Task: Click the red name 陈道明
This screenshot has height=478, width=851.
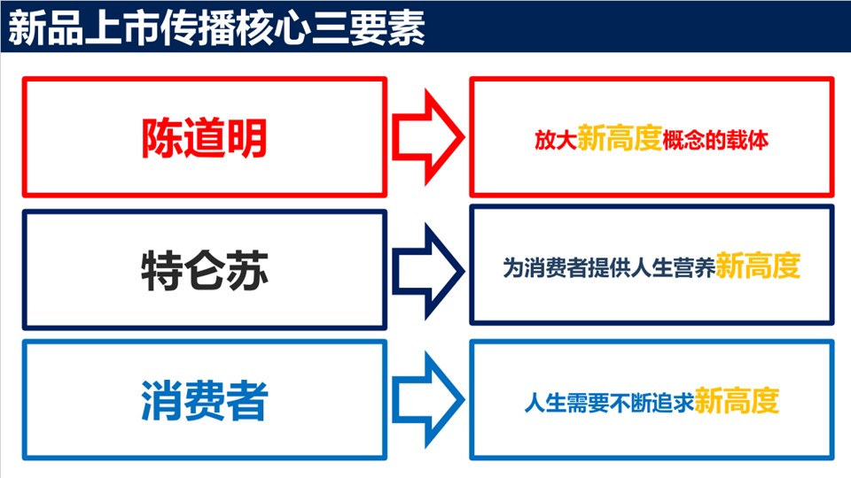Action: click(204, 138)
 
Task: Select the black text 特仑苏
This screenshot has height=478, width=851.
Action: click(204, 270)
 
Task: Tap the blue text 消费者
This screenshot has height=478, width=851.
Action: click(204, 401)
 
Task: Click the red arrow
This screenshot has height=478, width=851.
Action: click(427, 137)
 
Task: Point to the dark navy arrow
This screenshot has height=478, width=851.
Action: click(427, 269)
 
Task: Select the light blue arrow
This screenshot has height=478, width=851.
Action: click(427, 400)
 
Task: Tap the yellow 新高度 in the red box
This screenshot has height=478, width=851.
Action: click(619, 137)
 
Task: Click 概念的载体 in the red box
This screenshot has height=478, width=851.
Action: click(714, 141)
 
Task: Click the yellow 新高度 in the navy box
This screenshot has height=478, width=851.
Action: click(758, 266)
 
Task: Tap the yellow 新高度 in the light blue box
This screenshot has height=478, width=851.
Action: click(737, 400)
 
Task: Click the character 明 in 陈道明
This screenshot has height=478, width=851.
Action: click(246, 138)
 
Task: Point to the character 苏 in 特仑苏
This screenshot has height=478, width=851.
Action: click(246, 270)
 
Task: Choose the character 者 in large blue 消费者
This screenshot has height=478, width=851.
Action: click(246, 401)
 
